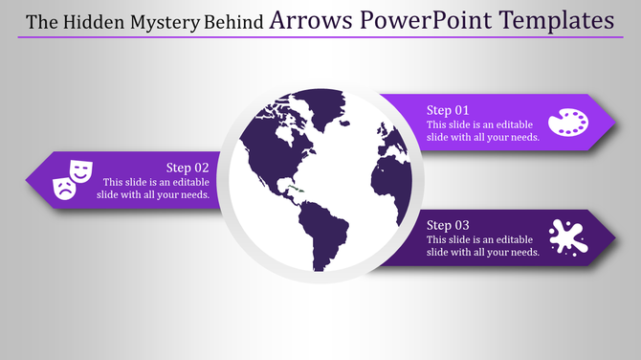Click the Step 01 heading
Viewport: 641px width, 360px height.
click(x=448, y=110)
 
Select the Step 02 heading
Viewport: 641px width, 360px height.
click(x=188, y=167)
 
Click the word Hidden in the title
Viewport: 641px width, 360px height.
click(x=99, y=21)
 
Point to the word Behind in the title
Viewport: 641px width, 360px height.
click(x=235, y=21)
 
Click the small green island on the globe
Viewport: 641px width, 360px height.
click(x=298, y=195)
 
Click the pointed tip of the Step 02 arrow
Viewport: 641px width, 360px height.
click(x=28, y=179)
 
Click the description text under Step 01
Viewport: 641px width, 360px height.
click(x=483, y=131)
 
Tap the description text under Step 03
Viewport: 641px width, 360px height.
click(x=483, y=245)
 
